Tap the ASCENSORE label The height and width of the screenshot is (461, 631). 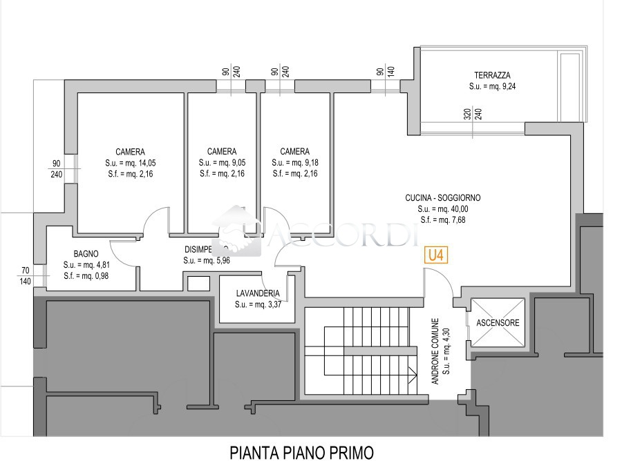[498, 322]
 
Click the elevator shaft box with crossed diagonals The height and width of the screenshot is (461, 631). [498, 322]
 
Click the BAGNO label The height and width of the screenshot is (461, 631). [86, 253]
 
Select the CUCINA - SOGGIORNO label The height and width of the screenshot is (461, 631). [442, 198]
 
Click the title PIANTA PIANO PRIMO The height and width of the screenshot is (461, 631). [301, 452]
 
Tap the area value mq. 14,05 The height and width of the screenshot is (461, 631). [138, 163]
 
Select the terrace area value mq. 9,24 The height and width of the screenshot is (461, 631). [497, 87]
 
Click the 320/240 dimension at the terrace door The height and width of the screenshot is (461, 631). [473, 114]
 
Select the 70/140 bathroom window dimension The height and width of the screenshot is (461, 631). [26, 276]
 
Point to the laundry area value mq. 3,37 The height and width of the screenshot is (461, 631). [266, 304]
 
